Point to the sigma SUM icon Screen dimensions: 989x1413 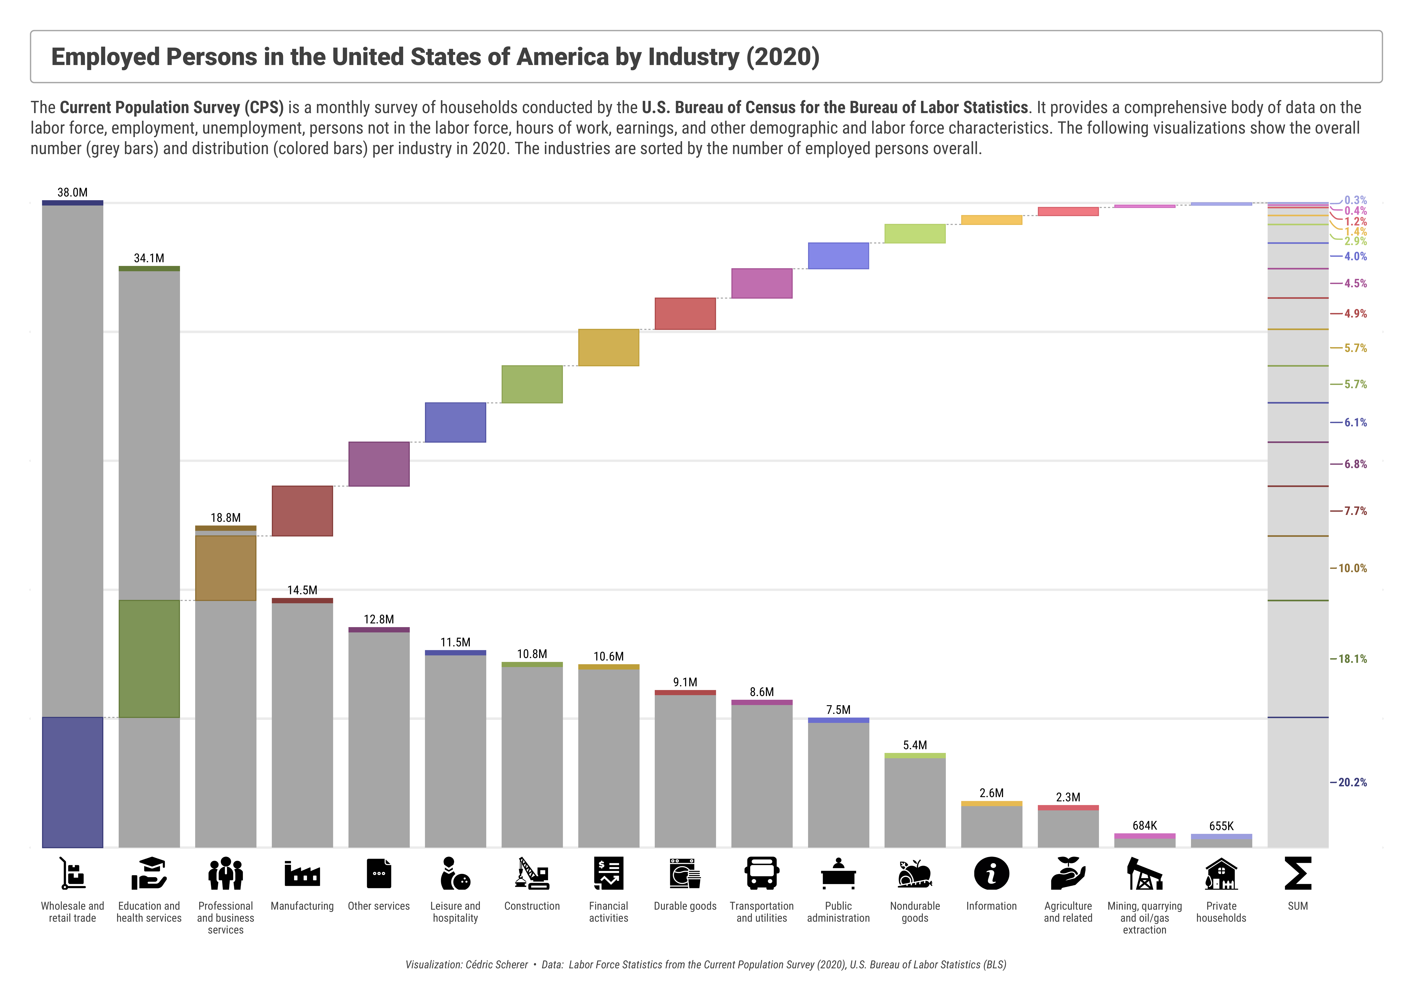(1298, 873)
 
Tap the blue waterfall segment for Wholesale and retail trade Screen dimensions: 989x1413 (73, 782)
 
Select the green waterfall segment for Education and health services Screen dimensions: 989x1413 (149, 659)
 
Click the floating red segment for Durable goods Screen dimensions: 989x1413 (685, 313)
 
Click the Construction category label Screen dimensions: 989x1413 (532, 906)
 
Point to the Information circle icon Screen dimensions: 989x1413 (991, 873)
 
